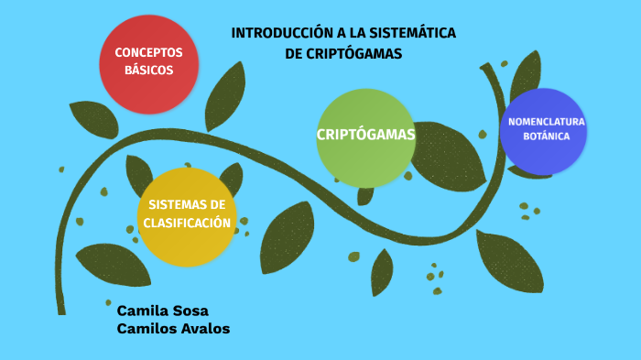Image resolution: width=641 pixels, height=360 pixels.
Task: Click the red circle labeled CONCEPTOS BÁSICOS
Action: pyautogui.click(x=149, y=64)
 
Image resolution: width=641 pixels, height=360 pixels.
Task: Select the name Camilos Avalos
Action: pyautogui.click(x=173, y=328)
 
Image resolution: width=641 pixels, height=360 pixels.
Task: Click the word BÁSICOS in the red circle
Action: pyautogui.click(x=148, y=70)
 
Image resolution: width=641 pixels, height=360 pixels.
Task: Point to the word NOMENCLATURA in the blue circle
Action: pyautogui.click(x=547, y=122)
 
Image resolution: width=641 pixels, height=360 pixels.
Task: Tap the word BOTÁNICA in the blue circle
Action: pyautogui.click(x=547, y=136)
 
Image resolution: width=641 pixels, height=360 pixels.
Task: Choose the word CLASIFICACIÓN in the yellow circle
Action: pyautogui.click(x=187, y=223)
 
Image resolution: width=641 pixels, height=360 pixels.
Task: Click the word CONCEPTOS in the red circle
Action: pyautogui.click(x=148, y=52)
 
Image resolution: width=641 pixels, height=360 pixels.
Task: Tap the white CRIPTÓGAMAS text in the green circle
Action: pyautogui.click(x=366, y=135)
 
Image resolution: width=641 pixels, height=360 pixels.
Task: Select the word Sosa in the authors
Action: pyautogui.click(x=191, y=310)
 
